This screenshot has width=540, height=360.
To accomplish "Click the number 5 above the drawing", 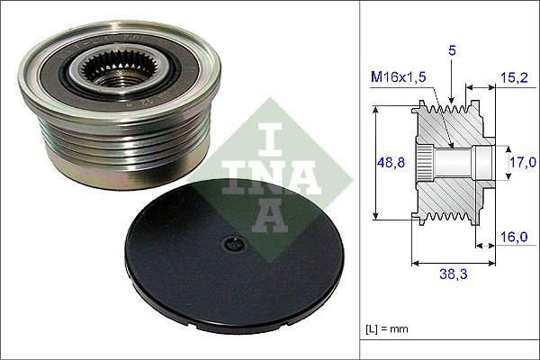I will coord(452,53).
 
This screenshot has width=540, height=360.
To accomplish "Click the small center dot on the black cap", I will coord(233,243).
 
